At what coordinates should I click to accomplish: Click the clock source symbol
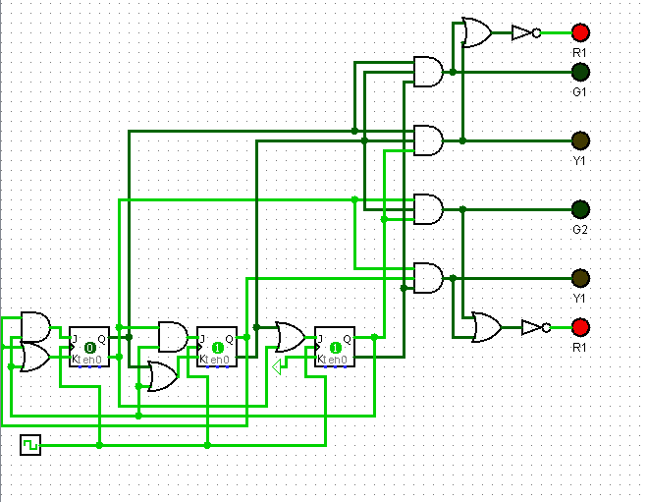[x=30, y=445]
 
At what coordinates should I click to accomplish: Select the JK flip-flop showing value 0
[x=89, y=347]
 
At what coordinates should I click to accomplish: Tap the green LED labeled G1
[x=580, y=72]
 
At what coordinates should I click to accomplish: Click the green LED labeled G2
[x=580, y=209]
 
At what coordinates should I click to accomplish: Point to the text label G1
[x=579, y=91]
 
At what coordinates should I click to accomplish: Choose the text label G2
[x=579, y=229]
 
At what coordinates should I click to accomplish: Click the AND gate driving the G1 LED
[x=428, y=72]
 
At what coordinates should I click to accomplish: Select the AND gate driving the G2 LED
[x=428, y=209]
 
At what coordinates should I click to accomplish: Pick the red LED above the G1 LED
[x=580, y=32]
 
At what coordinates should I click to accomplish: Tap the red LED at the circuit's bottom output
[x=580, y=327]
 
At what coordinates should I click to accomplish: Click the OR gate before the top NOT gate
[x=477, y=32]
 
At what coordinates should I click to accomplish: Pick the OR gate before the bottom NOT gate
[x=486, y=327]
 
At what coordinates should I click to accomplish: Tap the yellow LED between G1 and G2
[x=580, y=140]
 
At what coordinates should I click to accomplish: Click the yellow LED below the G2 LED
[x=580, y=278]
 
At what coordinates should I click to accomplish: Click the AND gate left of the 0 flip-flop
[x=34, y=324]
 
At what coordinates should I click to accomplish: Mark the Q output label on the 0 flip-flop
[x=103, y=339]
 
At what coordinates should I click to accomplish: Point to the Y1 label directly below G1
[x=579, y=160]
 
